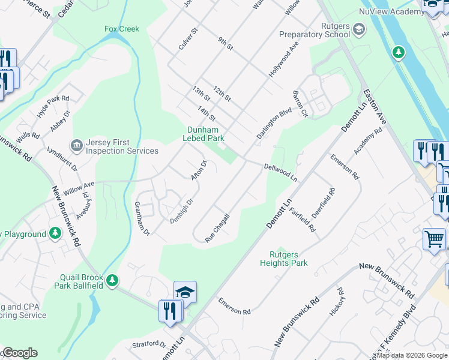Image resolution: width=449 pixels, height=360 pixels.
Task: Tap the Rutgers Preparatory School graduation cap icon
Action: click(358, 29)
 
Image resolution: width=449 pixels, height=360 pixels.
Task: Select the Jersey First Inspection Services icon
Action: click(76, 145)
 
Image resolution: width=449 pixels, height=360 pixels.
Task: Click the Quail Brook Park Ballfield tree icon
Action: click(111, 280)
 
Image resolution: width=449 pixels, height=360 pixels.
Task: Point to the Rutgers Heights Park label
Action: click(284, 259)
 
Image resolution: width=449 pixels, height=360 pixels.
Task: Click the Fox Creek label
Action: click(122, 29)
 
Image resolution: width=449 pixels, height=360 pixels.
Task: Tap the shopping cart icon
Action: click(433, 239)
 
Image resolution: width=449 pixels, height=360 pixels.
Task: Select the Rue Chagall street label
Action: click(218, 229)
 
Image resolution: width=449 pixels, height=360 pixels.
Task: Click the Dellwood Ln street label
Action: click(281, 172)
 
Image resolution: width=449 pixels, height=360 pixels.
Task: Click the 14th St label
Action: click(206, 113)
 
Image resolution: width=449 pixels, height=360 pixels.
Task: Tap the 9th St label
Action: click(225, 43)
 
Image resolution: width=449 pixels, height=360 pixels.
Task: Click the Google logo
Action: click(19, 353)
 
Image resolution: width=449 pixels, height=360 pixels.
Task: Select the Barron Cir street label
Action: click(300, 103)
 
